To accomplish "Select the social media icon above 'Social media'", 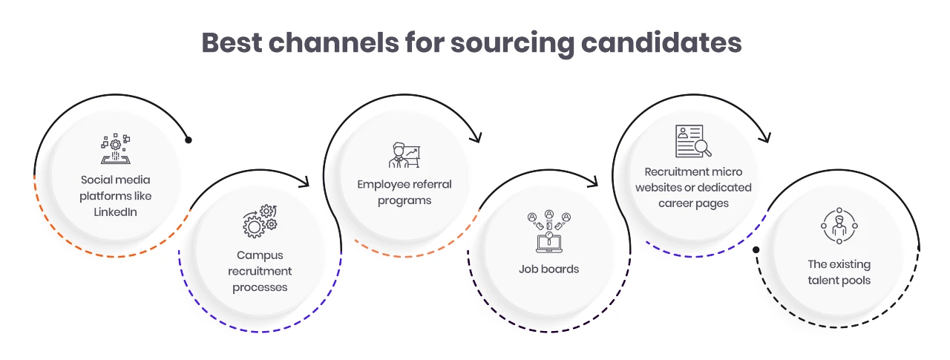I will point(115,149).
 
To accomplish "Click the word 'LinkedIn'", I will point(115,212).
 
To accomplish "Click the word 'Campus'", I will point(260,255).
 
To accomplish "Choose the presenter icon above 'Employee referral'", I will point(404,154).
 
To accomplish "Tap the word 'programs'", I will point(404,200).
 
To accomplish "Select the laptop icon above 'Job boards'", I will point(548,232).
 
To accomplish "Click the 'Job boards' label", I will point(548,269).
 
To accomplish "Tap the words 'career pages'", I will point(693,203).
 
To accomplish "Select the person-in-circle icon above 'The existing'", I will point(839,226).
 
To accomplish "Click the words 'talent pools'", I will point(839,281).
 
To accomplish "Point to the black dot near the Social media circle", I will point(189,140).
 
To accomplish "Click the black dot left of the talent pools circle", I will point(756,249).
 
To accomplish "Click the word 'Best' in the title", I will point(231,42).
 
